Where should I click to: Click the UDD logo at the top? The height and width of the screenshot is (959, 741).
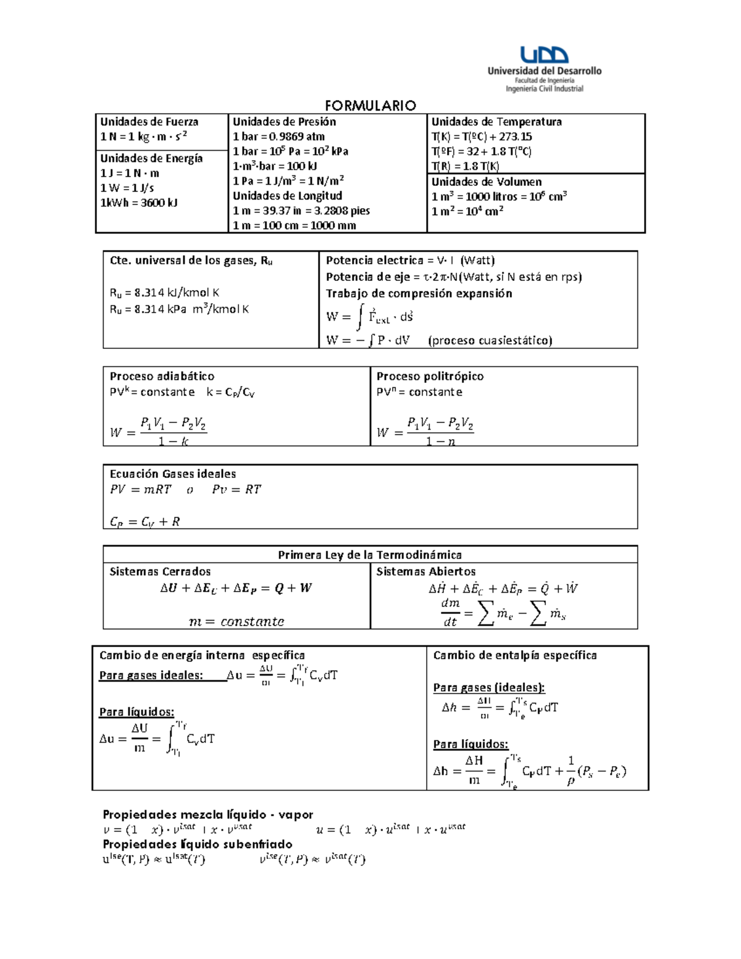[543, 56]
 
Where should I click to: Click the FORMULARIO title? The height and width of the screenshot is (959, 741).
[371, 106]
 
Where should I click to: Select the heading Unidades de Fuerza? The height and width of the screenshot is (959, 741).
[149, 122]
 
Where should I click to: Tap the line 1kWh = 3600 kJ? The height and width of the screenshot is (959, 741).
[139, 203]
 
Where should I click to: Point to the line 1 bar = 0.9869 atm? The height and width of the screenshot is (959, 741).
[278, 136]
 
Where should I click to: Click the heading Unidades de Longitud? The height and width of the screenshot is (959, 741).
[287, 196]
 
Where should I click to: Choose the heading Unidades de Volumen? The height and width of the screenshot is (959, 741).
[486, 182]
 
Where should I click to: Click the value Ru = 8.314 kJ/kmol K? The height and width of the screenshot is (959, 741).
[164, 293]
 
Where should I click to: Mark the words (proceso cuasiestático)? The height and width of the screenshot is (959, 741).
[490, 340]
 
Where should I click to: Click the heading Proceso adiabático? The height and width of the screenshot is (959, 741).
[162, 376]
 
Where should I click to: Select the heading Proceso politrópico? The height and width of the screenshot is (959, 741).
[430, 376]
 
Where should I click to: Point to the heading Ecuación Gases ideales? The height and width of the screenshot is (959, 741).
[173, 474]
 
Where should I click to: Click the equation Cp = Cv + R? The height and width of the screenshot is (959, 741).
[144, 522]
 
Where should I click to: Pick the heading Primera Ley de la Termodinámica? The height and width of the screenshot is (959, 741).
[370, 555]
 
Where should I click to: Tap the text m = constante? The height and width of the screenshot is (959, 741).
[237, 621]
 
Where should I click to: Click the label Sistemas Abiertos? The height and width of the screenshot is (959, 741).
[426, 571]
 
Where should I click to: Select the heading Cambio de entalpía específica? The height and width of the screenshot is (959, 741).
[514, 655]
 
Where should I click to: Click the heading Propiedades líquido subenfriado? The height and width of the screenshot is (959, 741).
[198, 844]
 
